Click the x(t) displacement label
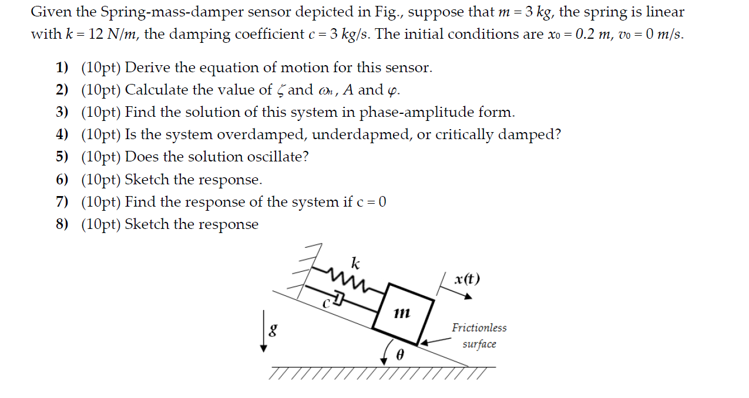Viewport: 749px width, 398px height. [x=467, y=279]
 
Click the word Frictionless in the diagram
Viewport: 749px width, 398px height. [x=479, y=328]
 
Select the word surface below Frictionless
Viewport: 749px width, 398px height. [x=479, y=344]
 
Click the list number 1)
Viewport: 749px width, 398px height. [x=62, y=68]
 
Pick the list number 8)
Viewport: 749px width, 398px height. [x=62, y=224]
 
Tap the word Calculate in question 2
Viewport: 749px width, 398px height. [x=156, y=90]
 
